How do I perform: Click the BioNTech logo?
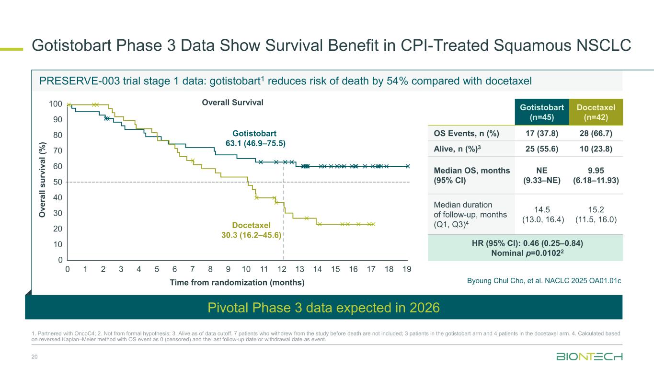(x=589, y=356)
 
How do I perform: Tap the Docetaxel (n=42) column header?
(x=596, y=111)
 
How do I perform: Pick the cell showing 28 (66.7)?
(x=596, y=134)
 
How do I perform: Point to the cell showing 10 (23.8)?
(x=596, y=149)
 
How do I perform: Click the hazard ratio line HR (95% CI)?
(x=525, y=243)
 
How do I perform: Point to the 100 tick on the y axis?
(x=56, y=104)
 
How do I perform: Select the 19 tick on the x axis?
(x=407, y=270)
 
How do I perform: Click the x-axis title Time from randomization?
(x=237, y=283)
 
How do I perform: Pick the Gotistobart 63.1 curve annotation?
(x=255, y=138)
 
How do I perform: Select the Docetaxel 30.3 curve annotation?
(x=251, y=230)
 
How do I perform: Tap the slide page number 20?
(x=34, y=356)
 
